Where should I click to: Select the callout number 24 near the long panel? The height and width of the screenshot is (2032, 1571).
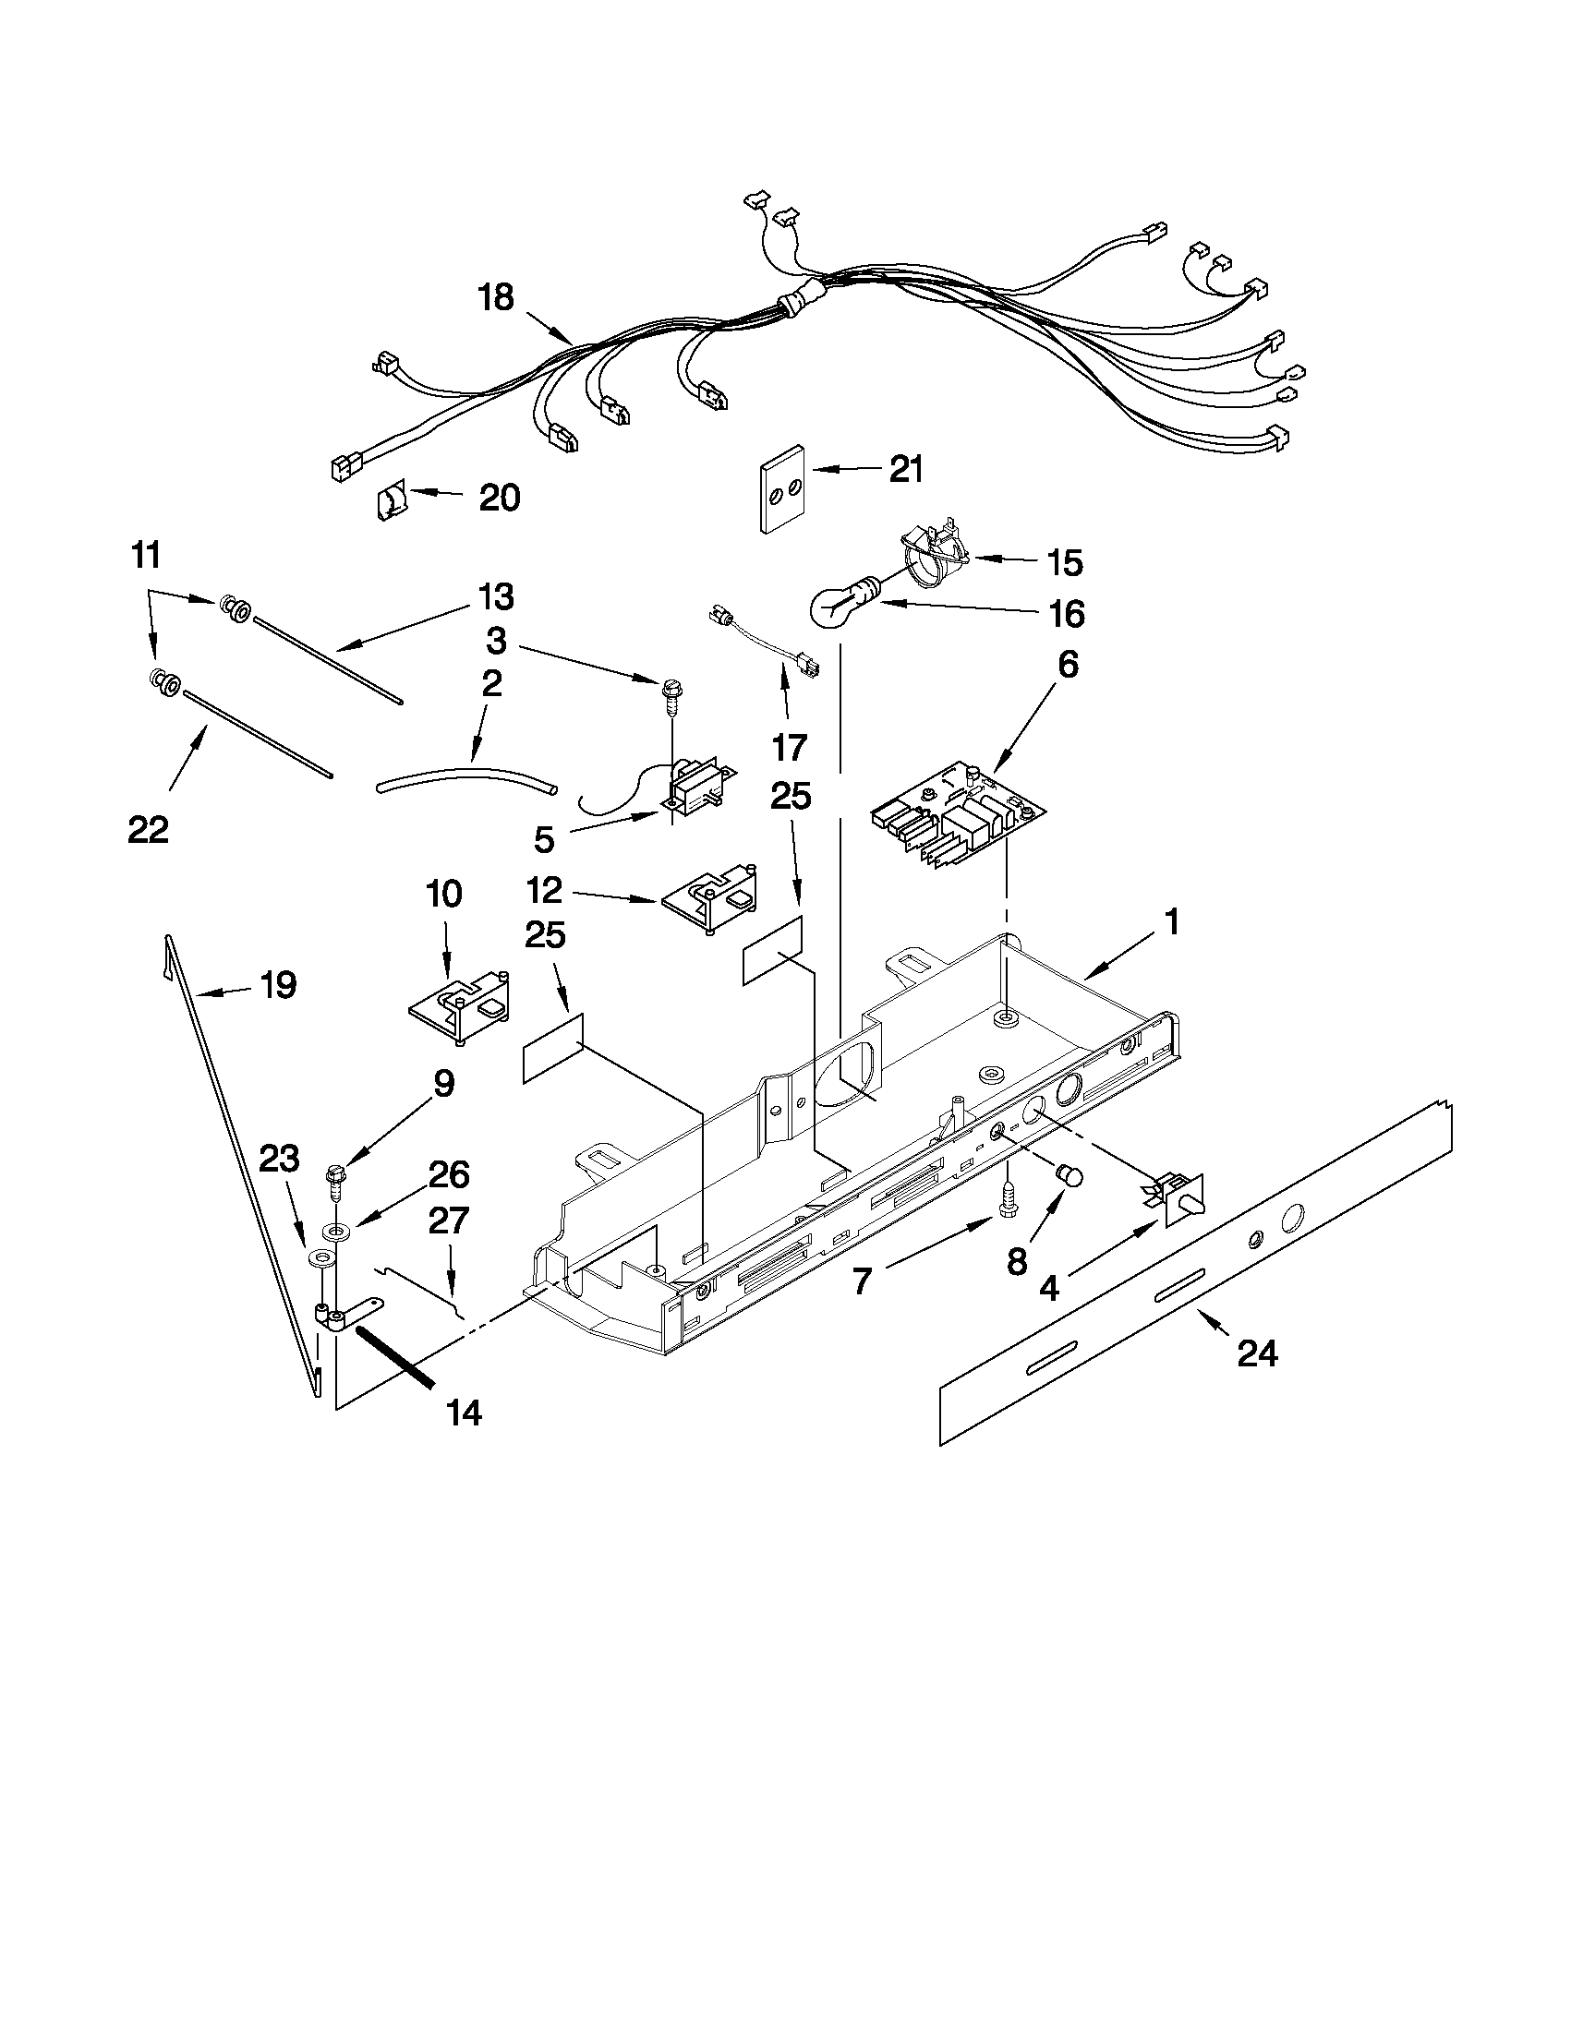click(x=1256, y=1354)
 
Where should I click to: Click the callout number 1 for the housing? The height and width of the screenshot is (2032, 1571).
click(x=1172, y=923)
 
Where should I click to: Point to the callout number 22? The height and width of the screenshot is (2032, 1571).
click(x=149, y=829)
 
